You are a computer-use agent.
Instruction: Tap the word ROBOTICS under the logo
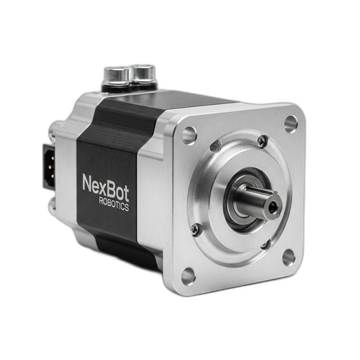point(114,204)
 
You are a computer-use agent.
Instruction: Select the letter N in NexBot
point(87,183)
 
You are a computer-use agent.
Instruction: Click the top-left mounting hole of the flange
point(189,136)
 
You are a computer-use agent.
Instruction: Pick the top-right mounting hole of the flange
point(291,124)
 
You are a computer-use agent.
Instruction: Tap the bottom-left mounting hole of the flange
point(188,276)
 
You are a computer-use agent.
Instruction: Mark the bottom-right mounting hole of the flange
point(289,257)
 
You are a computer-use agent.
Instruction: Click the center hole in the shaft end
point(272,206)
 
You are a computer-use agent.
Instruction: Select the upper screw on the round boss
point(261,141)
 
